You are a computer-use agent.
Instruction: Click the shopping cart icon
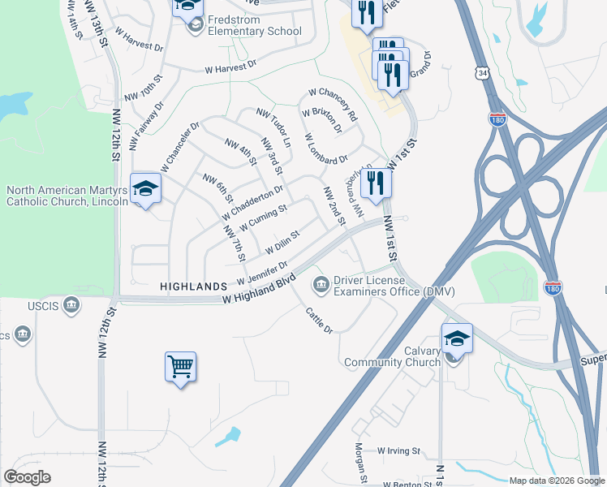point(180,366)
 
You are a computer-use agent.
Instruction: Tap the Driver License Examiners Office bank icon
point(321,284)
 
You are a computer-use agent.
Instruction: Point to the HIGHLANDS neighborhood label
point(193,287)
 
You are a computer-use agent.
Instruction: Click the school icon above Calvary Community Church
point(457,338)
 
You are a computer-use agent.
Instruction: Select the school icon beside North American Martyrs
point(145,188)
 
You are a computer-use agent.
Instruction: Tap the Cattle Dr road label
point(319,321)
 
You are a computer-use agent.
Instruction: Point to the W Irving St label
point(399,450)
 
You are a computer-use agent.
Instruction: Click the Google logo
point(27,477)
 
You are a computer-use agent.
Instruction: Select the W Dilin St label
point(278,240)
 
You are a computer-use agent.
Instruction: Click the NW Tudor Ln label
point(273,127)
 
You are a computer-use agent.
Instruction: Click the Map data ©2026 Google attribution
point(557,481)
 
